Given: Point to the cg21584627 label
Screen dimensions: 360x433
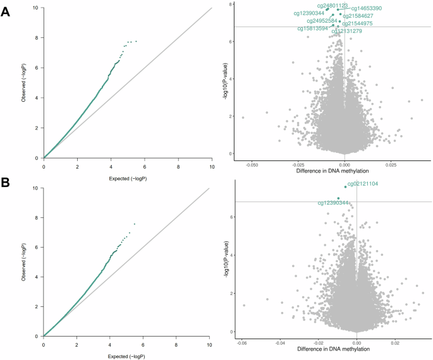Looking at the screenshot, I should click(x=358, y=16).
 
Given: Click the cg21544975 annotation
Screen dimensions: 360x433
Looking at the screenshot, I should click(x=357, y=23).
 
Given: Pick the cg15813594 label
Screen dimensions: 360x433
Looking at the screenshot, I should click(x=313, y=28).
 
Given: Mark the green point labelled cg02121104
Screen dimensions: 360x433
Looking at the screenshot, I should click(x=345, y=187).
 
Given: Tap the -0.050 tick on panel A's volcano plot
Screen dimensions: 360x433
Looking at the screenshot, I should click(x=252, y=164).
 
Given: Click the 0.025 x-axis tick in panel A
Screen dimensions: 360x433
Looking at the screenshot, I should click(x=391, y=164).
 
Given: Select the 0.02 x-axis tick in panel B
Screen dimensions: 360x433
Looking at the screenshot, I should click(x=395, y=344).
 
